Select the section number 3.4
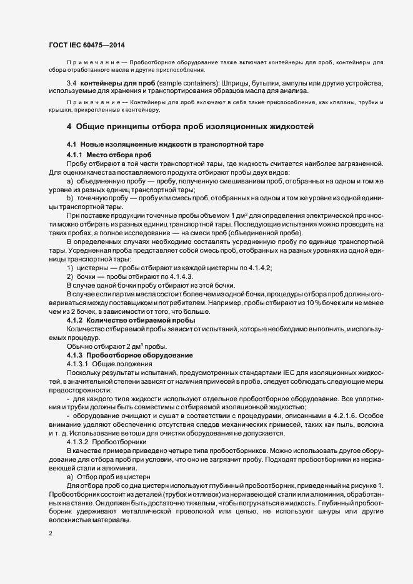[71, 83]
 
